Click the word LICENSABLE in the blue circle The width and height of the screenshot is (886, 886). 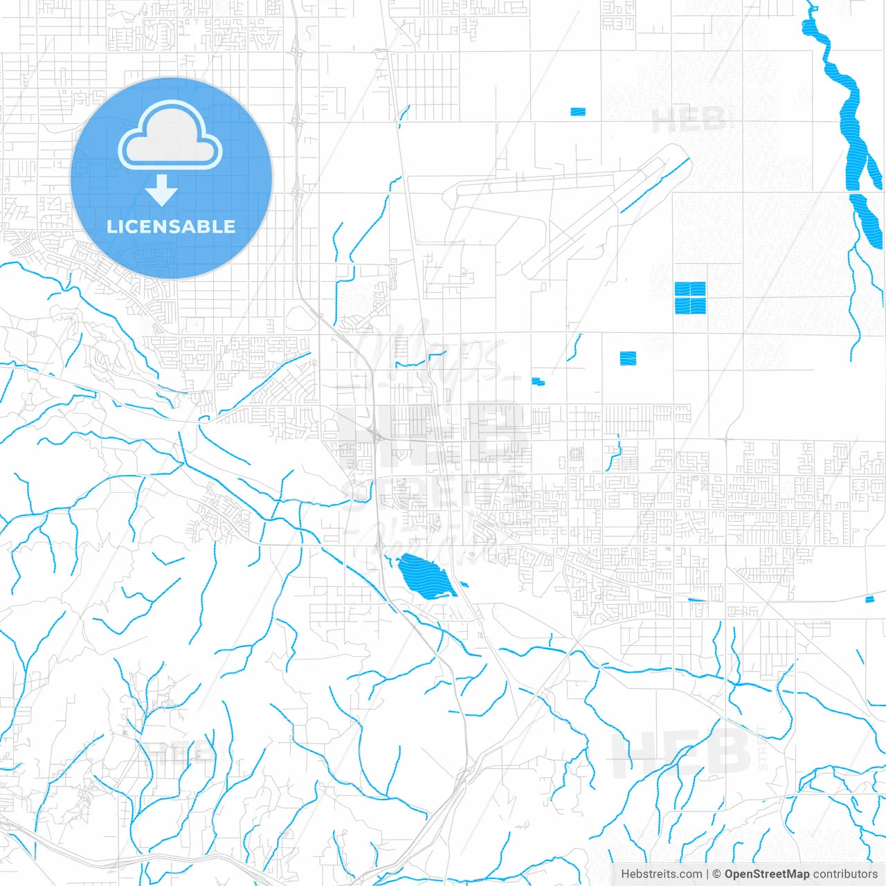coord(171,226)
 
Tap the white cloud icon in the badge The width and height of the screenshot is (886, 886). coord(170,136)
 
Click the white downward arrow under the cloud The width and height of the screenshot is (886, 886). coord(161,190)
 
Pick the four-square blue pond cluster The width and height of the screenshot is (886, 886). coord(690,298)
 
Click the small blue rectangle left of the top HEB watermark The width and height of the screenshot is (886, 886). coord(578,111)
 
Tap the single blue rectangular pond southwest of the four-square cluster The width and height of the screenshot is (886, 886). coord(628,358)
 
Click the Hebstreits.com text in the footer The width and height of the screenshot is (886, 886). coord(661,874)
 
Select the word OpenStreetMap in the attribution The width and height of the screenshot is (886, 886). coord(767,874)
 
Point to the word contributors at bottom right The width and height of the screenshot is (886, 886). coord(845,874)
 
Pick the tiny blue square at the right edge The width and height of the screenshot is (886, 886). coord(870,599)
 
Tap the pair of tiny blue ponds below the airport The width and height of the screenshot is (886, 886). coord(538,381)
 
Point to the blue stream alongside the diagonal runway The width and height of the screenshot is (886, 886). coord(654,186)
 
